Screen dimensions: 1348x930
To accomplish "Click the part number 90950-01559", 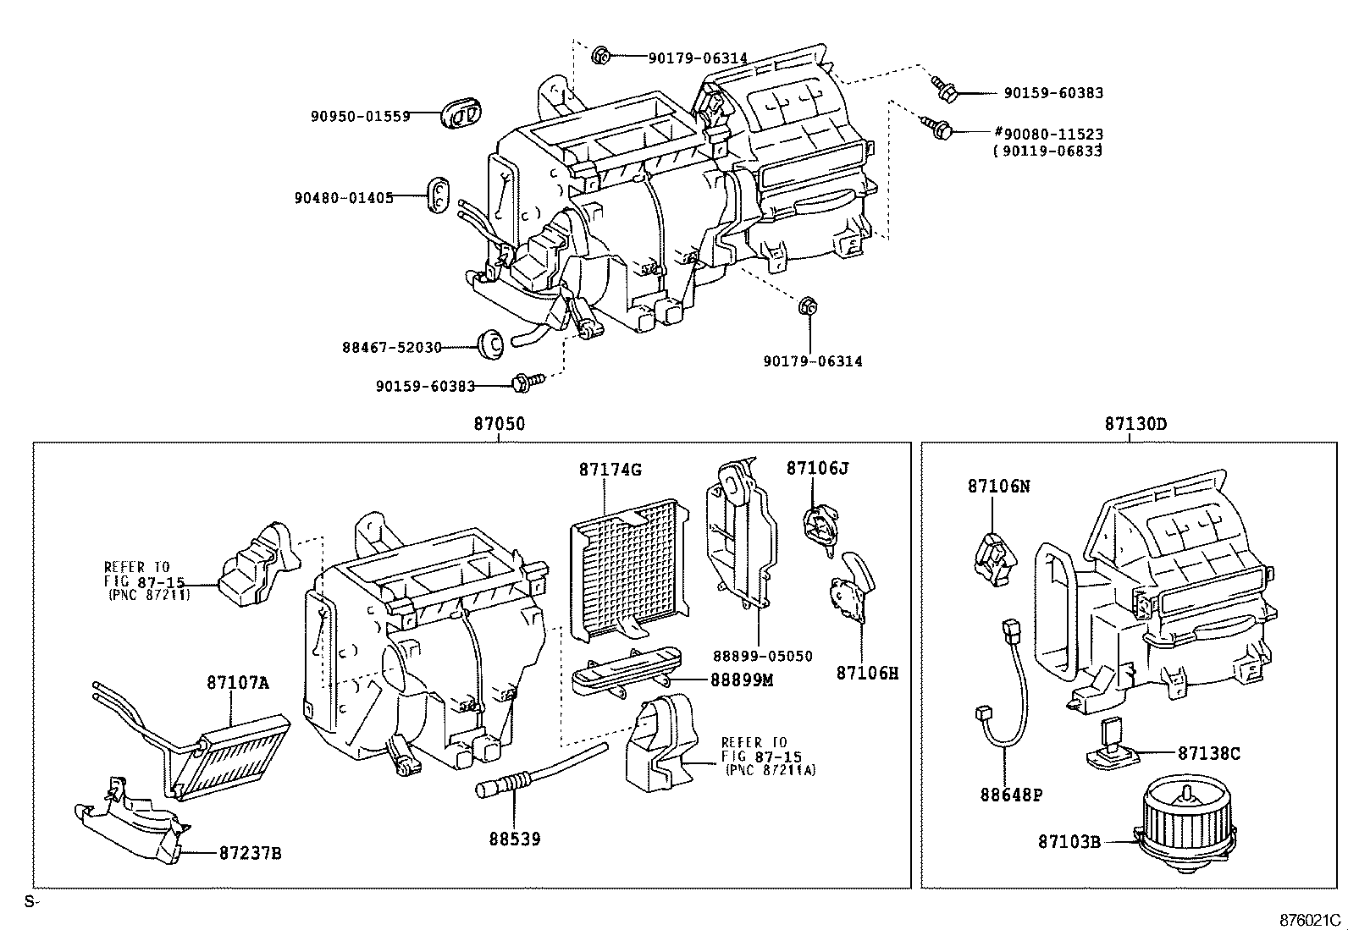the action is pos(360,116).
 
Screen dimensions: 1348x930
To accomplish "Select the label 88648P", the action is pos(1011,795).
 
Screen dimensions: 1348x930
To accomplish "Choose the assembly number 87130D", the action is pos(1135,424).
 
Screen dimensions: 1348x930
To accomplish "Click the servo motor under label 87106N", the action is pos(992,558).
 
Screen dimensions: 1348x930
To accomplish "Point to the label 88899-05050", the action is pos(762,656).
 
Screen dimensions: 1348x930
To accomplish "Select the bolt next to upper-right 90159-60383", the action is pos(942,86).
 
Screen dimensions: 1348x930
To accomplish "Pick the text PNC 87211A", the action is pos(771,770).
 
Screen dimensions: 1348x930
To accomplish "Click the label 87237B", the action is pos(250,854).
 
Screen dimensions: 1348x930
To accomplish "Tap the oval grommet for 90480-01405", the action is pos(438,195).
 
